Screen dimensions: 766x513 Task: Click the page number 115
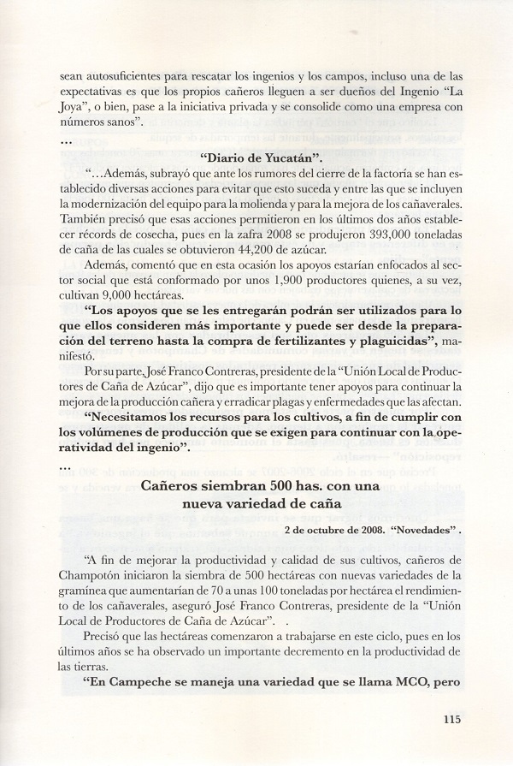click(x=452, y=720)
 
